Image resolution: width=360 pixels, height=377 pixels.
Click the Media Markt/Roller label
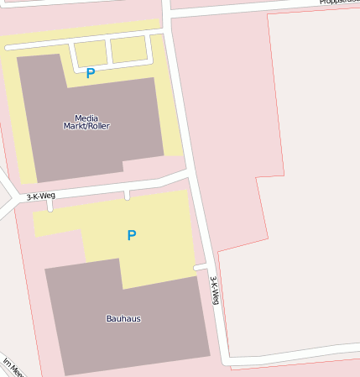(x=86, y=122)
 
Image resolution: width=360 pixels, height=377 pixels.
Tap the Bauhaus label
(x=123, y=319)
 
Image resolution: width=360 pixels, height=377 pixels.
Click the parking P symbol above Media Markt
(x=91, y=73)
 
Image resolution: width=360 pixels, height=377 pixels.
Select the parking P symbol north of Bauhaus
(x=131, y=236)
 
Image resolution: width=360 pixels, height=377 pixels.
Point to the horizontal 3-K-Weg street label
(x=40, y=196)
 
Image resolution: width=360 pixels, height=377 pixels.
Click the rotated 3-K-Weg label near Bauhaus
(x=215, y=291)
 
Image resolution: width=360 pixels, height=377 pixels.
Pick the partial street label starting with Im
(x=13, y=368)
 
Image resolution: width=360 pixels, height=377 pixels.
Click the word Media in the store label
(x=86, y=118)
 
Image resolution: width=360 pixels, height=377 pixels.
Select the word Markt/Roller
(x=86, y=127)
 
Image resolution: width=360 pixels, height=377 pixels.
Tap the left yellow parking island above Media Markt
(x=91, y=53)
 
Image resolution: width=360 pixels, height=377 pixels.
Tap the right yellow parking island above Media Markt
(x=128, y=50)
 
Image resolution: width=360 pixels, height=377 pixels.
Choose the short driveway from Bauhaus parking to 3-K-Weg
(x=200, y=268)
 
